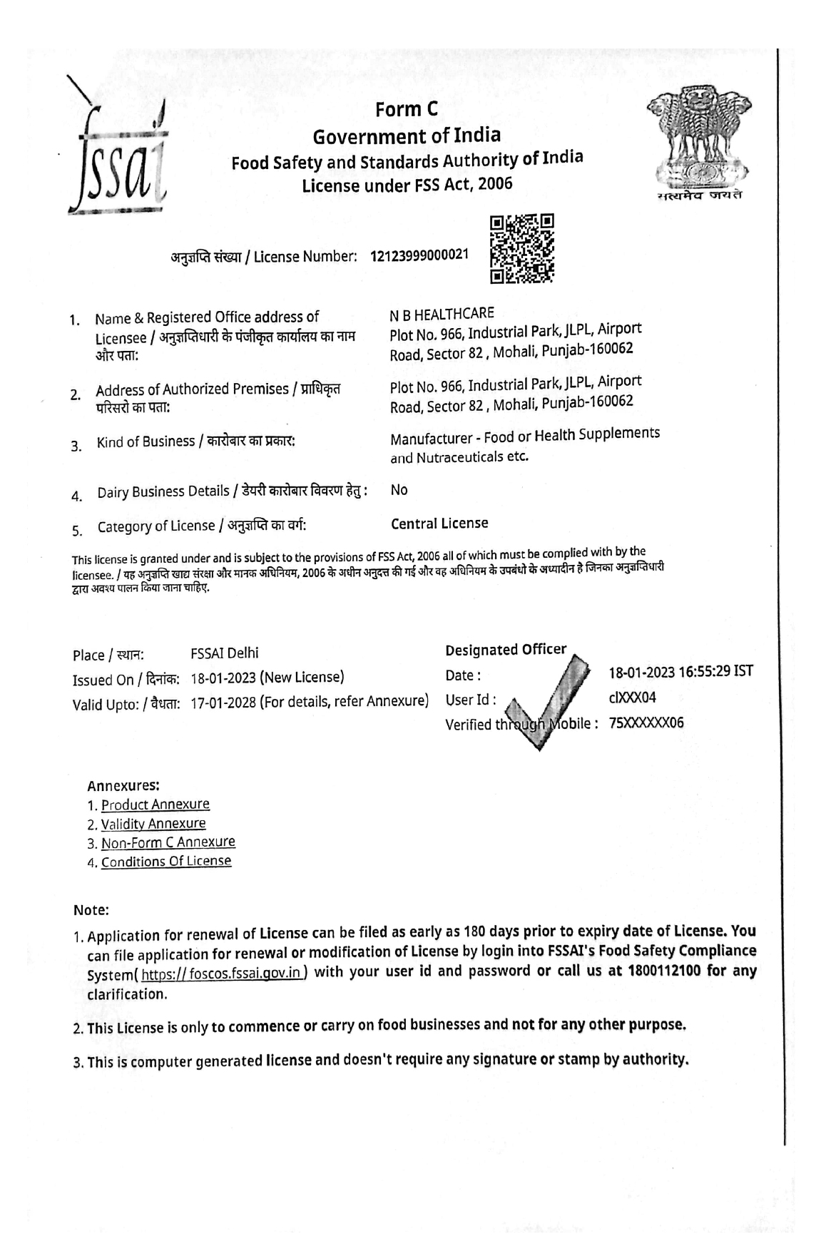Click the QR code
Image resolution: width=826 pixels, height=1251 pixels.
coord(522,250)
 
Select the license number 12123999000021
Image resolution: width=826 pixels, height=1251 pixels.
coord(419,255)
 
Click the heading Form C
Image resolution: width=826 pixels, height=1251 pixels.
coord(407,109)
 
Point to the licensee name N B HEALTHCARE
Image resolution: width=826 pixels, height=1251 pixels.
coord(442,314)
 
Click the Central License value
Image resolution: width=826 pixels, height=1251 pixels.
coord(439,524)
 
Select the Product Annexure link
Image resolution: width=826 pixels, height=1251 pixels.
coord(155,805)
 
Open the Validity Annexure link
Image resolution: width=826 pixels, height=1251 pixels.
coord(153,824)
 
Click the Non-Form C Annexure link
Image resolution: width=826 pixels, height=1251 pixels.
coord(168,842)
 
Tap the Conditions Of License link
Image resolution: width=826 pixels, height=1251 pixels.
coord(166,862)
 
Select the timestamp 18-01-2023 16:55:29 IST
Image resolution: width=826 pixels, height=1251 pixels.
coord(680,672)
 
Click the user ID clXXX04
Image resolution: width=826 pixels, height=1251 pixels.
coord(633,698)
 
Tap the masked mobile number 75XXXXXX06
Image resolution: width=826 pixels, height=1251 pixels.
coord(646,722)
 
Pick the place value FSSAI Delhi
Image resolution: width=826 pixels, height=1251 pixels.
coord(225,653)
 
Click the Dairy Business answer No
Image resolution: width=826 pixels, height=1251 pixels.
coord(399,490)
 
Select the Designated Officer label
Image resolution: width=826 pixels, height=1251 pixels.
coord(506,650)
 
